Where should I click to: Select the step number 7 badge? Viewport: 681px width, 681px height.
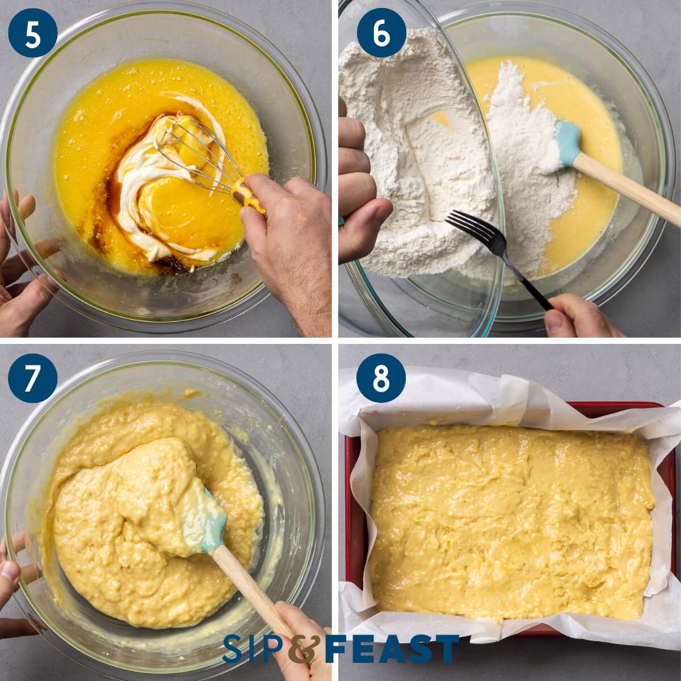click(33, 378)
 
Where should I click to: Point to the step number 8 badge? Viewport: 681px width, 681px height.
click(381, 378)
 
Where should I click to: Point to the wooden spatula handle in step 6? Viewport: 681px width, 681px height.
click(630, 187)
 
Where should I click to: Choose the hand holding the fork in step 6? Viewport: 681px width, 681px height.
click(579, 318)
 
